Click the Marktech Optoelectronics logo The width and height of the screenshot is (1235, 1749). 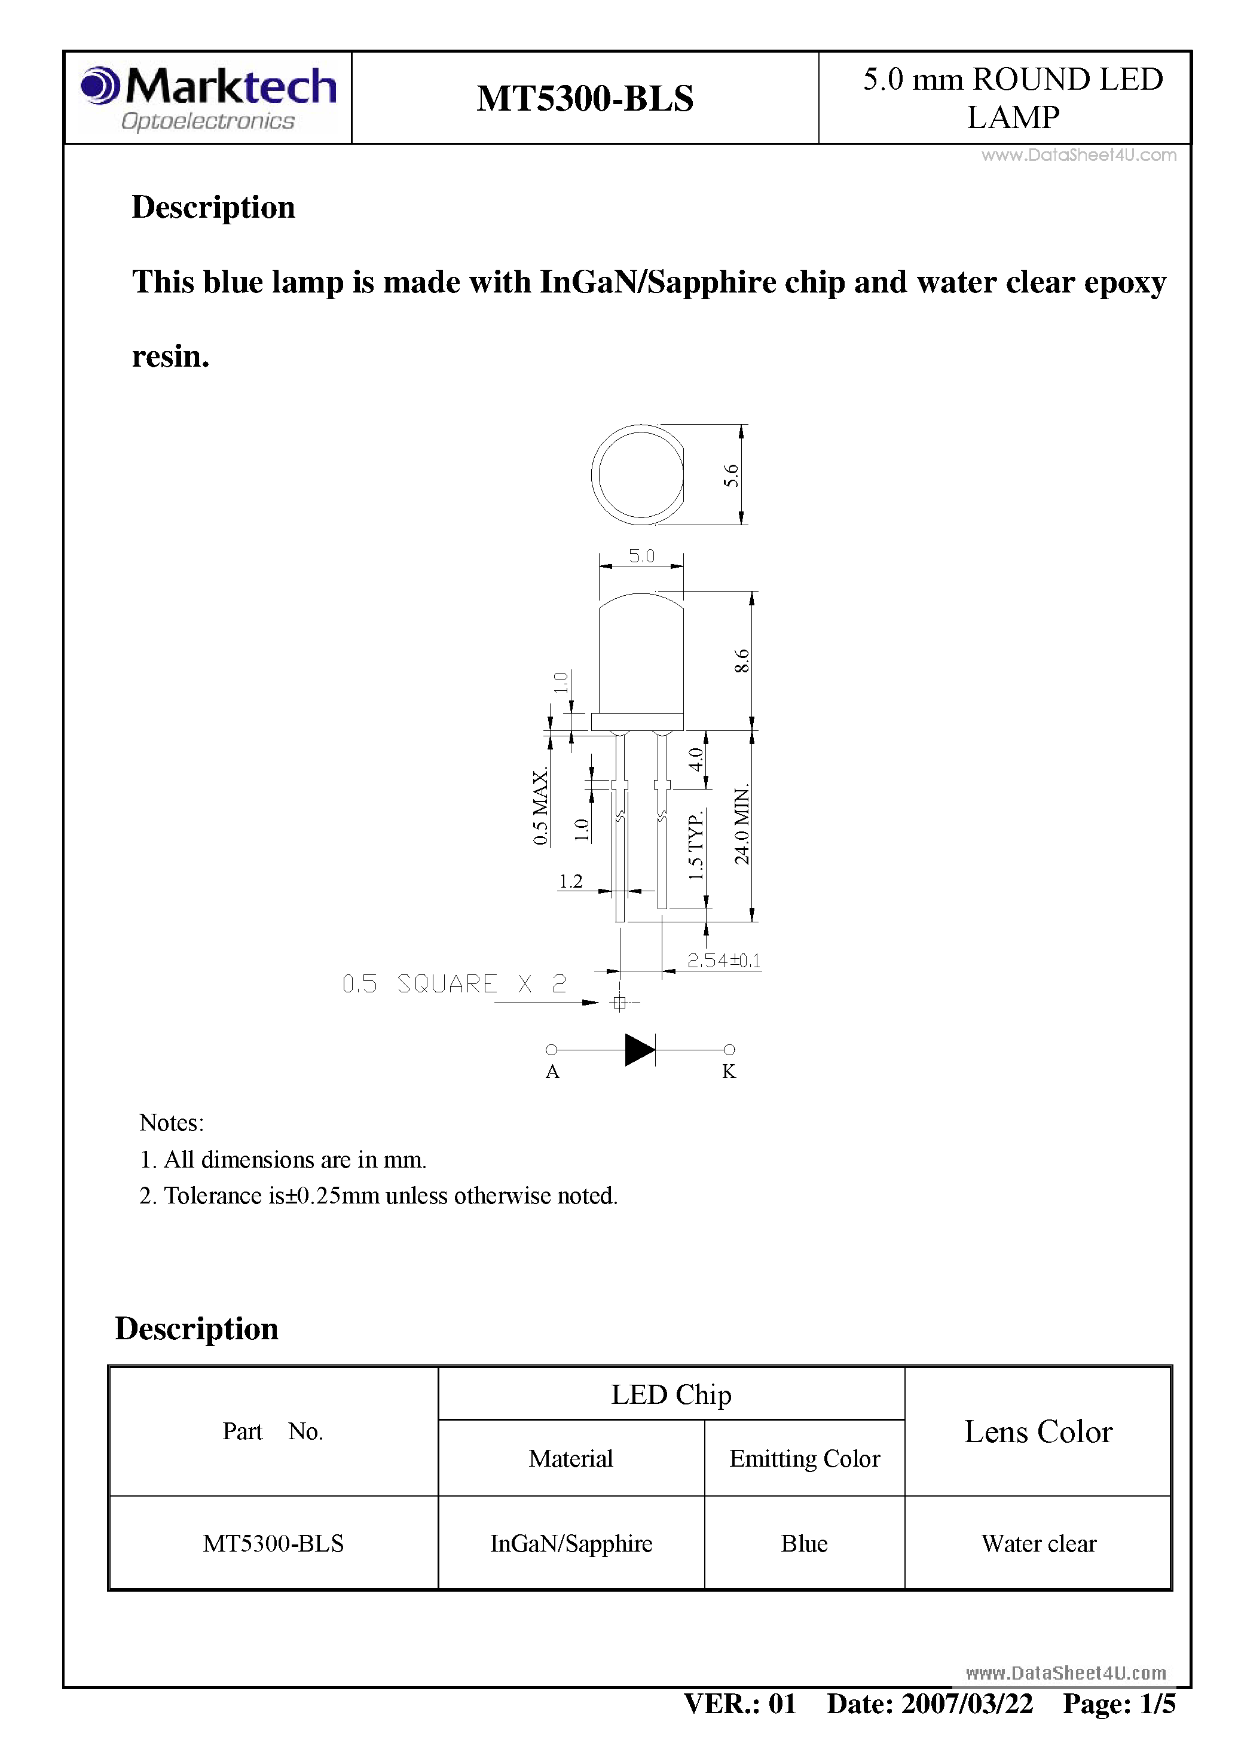pos(208,97)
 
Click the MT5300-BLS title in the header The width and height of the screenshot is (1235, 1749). pos(585,98)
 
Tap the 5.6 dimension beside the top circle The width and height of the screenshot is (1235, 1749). pos(731,476)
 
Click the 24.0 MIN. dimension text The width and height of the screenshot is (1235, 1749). pos(742,824)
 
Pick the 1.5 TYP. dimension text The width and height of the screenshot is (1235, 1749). pos(695,846)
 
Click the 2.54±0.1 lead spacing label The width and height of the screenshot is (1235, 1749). pos(723,961)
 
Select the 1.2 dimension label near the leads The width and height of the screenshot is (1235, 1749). pos(570,881)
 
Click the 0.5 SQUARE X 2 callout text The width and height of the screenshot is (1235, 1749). pos(454,984)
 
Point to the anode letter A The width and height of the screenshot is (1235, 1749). pos(553,1072)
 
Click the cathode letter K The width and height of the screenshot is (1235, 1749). pos(729,1072)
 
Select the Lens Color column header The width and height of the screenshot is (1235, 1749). pos(1038,1432)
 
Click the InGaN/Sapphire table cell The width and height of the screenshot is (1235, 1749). pos(571,1543)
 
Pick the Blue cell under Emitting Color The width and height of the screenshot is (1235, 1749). pos(804,1543)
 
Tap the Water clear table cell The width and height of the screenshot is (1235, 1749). pos(1038,1543)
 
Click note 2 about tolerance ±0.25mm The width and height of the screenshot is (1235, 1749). pos(378,1196)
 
